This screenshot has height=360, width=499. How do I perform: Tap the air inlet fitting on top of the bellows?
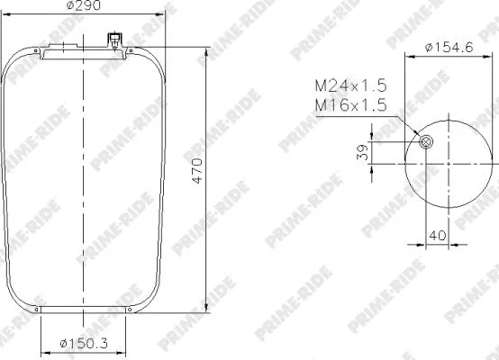pos(114,40)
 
